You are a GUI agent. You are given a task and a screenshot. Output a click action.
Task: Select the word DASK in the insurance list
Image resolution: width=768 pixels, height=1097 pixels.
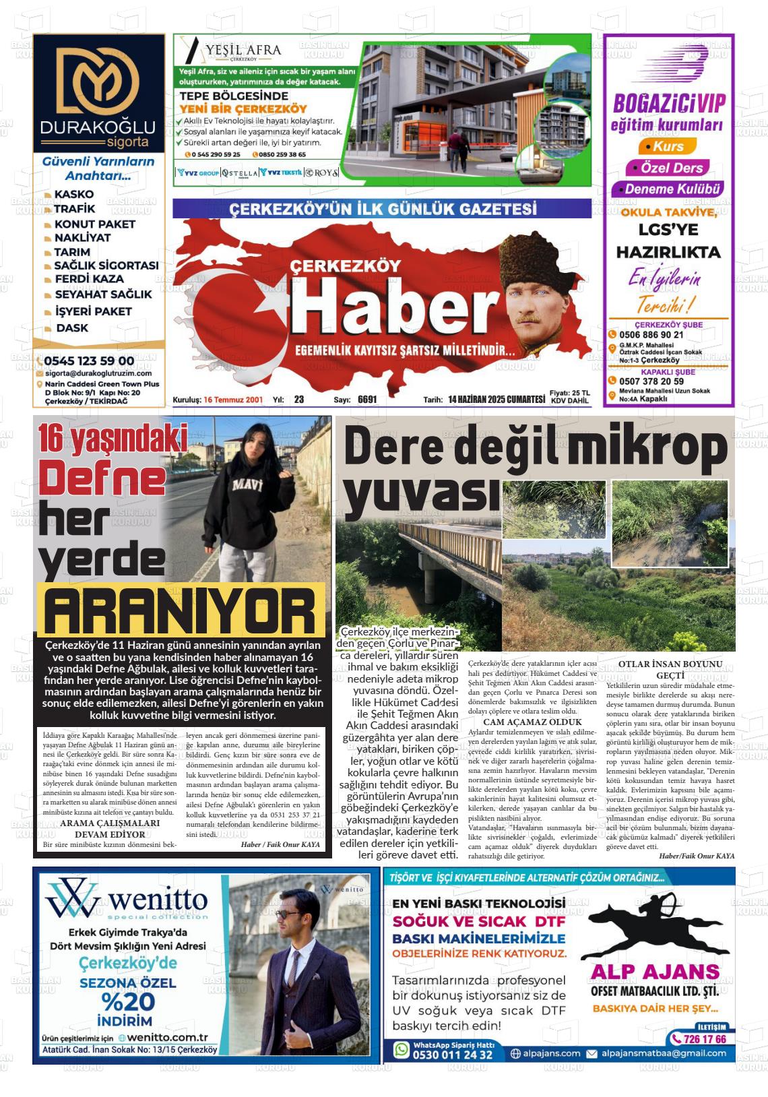72,328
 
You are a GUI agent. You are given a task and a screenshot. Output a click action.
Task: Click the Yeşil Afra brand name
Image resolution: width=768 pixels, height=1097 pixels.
244,49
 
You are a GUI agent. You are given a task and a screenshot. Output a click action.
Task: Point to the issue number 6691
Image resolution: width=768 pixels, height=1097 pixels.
367,400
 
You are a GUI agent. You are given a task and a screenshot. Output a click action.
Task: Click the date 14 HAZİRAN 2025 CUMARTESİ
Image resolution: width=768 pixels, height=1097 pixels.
496,400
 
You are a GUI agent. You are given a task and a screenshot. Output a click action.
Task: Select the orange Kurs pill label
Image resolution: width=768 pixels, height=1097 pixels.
663,146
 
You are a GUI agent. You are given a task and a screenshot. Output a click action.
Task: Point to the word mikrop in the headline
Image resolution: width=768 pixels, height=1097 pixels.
646,449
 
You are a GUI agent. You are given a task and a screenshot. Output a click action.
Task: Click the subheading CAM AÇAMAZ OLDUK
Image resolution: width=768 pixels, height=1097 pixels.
532,722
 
